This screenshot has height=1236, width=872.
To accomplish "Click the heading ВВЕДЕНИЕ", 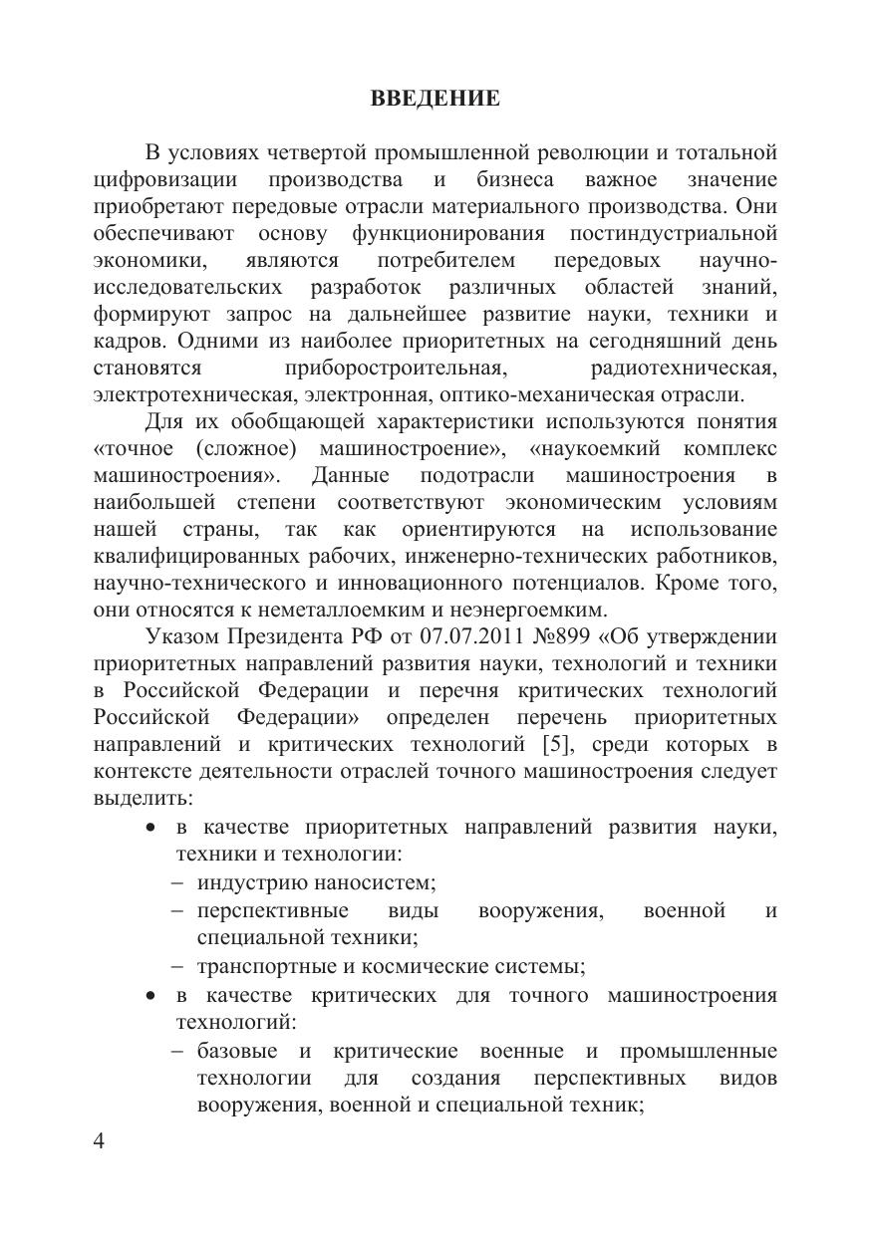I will point(435,99).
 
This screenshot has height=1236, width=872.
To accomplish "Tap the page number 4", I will point(99,1141).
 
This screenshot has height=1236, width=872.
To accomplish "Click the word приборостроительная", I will point(396,368).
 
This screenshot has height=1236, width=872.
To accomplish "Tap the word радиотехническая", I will point(684,368).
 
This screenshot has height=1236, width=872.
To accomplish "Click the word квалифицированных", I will point(188,555).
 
